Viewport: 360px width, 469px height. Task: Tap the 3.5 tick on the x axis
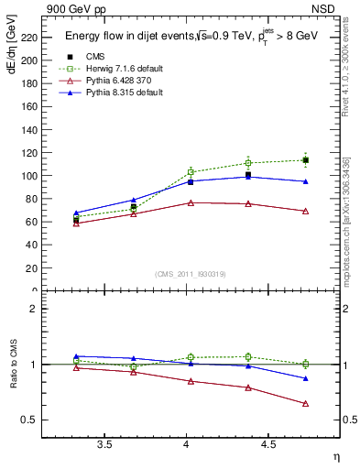click(x=105, y=445)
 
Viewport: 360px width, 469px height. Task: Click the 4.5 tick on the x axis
click(x=267, y=445)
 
